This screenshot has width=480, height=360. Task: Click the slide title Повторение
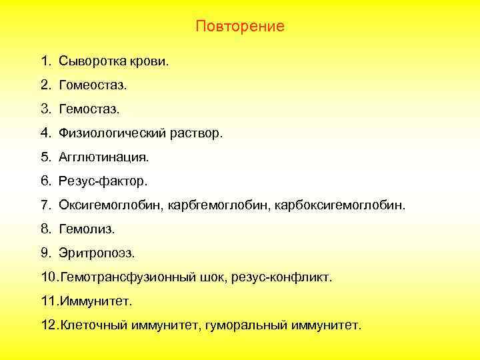click(240, 27)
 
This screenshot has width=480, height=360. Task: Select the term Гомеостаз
click(92, 86)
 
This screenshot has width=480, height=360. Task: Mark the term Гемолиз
click(87, 229)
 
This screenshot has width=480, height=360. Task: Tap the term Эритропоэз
click(97, 253)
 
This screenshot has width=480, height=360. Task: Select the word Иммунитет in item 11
click(97, 301)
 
